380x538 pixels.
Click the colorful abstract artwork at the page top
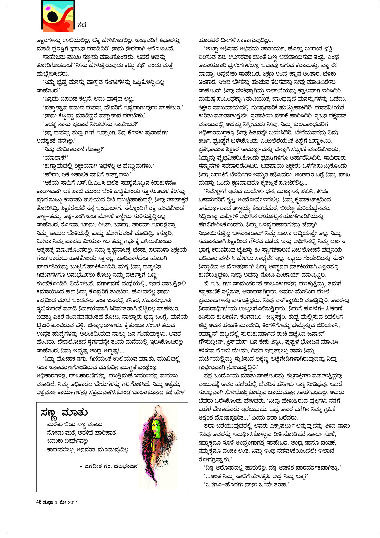point(58,15)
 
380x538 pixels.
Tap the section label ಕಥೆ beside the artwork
point(82,25)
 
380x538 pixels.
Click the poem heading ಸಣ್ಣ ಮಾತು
point(64,413)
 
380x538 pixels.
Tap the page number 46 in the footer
point(39,502)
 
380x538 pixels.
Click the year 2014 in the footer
point(73,503)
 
